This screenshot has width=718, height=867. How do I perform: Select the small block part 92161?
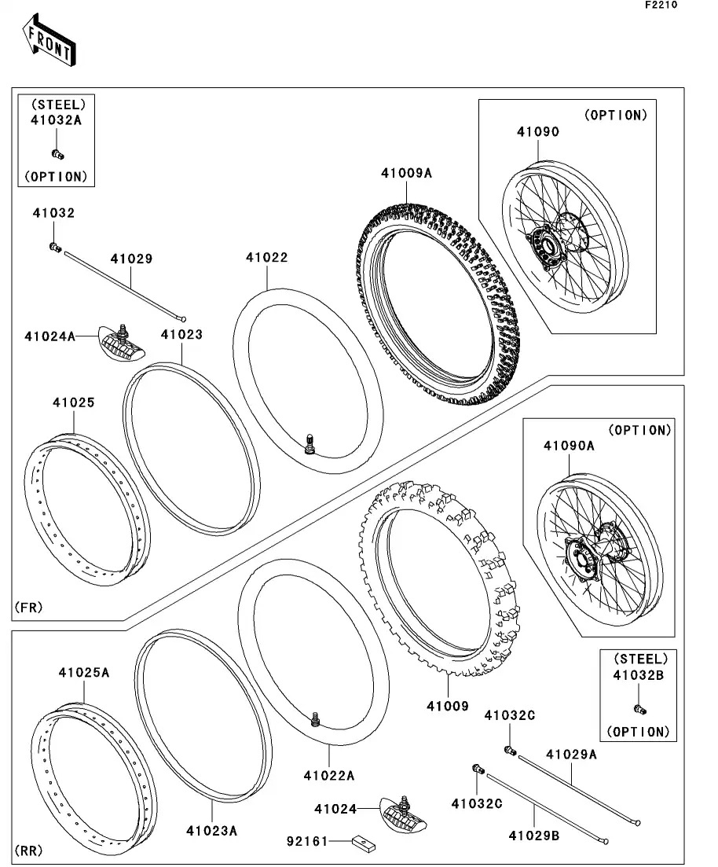point(363,845)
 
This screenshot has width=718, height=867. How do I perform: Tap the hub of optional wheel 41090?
point(549,245)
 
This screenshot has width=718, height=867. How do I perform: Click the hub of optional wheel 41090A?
point(595,553)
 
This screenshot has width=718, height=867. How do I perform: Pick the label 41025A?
point(83,674)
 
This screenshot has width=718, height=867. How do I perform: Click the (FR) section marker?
point(28,607)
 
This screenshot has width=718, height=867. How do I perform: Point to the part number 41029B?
point(533,836)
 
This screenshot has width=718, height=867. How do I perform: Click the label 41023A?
point(211,830)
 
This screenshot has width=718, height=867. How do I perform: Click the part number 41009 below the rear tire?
point(448,706)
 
